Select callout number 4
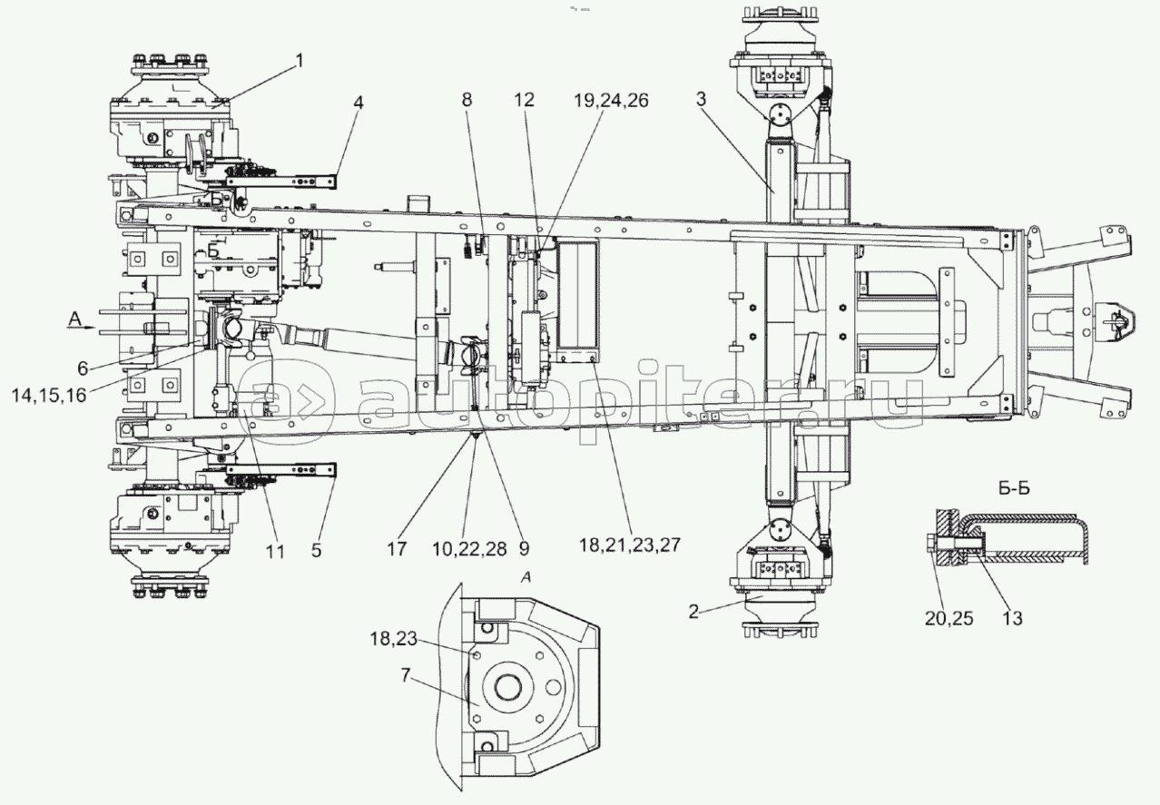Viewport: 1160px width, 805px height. pos(359,103)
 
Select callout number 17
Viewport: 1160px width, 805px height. pos(397,550)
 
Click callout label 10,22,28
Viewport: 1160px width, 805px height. pos(469,550)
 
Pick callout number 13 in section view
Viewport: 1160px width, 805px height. pos(1012,618)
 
